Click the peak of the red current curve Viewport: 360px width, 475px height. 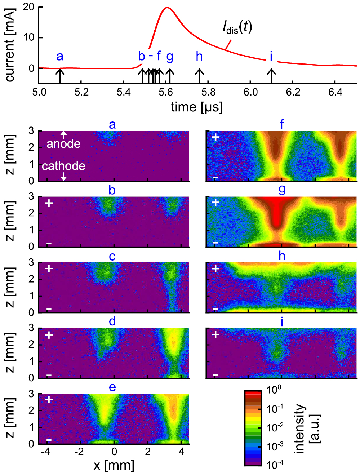[x=167, y=8]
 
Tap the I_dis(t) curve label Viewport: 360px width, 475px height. [x=237, y=27]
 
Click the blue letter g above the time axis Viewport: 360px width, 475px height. [x=170, y=57]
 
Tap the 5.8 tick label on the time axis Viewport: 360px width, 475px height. [x=208, y=92]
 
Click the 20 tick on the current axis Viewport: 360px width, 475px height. [x=28, y=7]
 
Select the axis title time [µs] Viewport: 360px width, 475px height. [x=197, y=107]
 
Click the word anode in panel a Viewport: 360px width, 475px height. [x=63, y=144]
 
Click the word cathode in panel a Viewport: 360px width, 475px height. [x=63, y=166]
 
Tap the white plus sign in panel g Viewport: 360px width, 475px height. [x=215, y=202]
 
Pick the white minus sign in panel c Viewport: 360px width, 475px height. [x=49, y=309]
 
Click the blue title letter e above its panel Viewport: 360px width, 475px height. [x=112, y=387]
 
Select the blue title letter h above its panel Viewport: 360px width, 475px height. [x=282, y=256]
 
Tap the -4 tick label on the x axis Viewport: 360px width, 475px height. [x=45, y=452]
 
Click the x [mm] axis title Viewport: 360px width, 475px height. [x=114, y=465]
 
